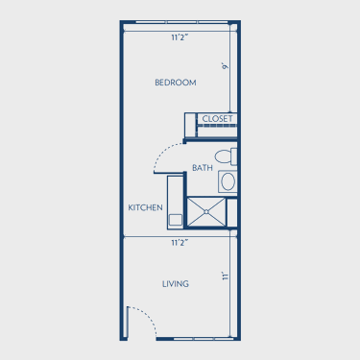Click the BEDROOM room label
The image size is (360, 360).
176,83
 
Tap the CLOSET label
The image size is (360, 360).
217,119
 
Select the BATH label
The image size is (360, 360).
203,168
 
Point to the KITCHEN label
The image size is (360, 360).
145,207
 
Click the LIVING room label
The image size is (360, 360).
176,284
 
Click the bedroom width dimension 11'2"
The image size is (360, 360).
180,37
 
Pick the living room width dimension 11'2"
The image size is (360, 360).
180,243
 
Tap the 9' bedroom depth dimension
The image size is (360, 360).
226,66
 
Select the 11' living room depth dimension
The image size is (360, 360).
226,276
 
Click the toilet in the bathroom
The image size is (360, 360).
226,156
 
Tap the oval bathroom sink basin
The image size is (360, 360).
228,181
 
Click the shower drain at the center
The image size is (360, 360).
206,212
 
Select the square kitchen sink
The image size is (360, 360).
176,220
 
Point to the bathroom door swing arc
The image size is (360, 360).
164,152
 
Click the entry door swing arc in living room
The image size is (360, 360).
148,317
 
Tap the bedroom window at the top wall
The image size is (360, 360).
181,22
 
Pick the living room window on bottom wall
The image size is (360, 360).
204,339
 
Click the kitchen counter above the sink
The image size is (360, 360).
176,195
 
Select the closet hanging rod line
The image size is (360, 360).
216,127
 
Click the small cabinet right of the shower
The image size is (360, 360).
231,212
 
